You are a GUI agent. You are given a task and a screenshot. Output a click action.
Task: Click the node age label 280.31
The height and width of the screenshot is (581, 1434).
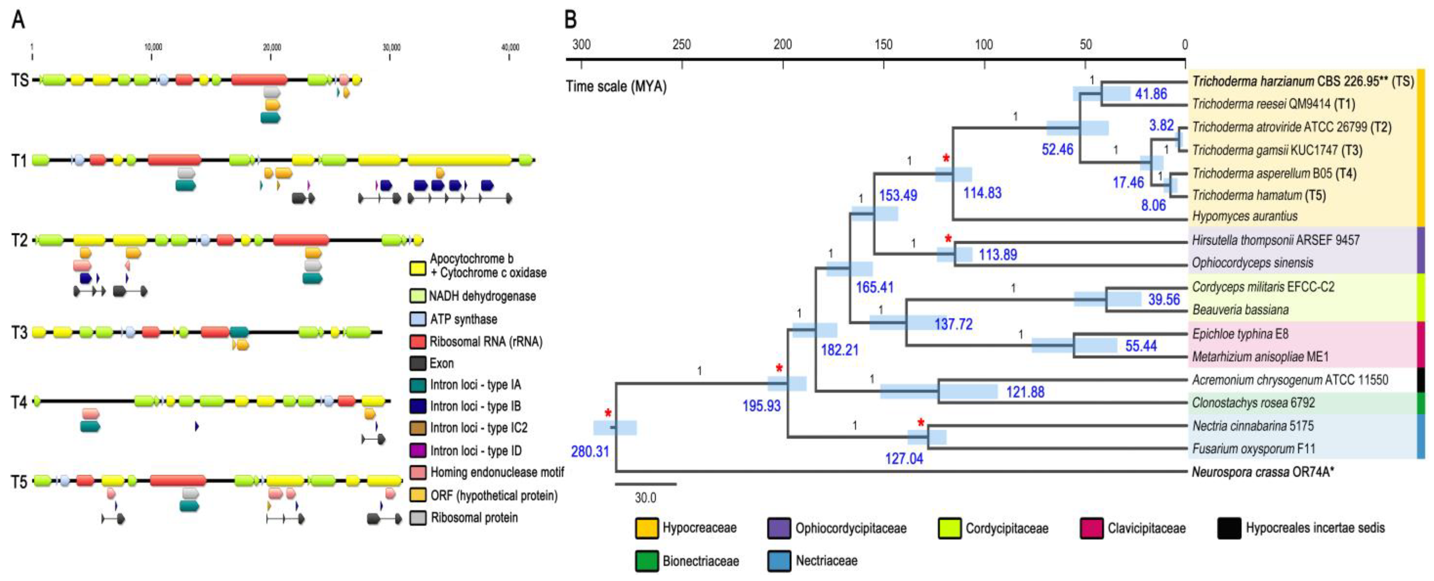pos(590,451)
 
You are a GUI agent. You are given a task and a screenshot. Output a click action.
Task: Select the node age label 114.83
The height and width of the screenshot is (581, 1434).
pos(982,193)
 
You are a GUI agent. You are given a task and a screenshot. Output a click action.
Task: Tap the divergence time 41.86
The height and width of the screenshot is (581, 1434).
pos(1151,93)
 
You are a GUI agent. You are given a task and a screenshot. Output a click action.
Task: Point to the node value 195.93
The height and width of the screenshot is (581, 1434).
pos(762,405)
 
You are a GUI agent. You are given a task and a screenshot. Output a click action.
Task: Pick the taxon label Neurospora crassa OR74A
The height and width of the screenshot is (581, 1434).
pos(1263,472)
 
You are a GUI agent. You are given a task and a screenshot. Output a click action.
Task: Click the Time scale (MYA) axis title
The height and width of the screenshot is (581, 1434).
pos(616,86)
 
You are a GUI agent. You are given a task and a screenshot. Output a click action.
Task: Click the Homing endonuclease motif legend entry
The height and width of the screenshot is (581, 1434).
pos(496,472)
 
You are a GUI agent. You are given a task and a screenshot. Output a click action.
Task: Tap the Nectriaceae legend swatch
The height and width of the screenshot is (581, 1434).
pos(779,561)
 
